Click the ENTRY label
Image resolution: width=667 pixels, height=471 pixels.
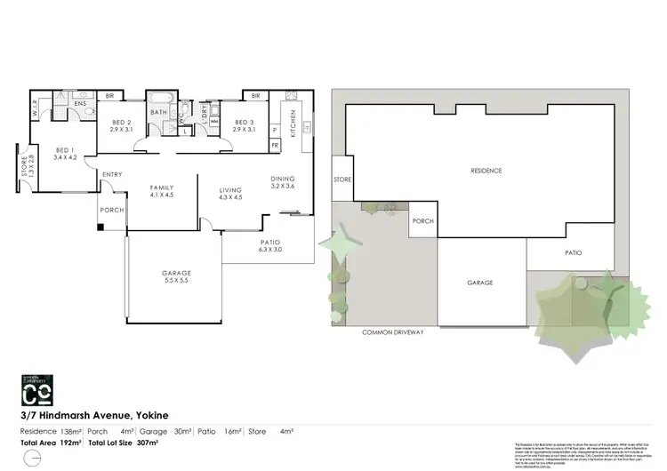pos(113,174)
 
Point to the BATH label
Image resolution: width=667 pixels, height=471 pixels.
pos(159,113)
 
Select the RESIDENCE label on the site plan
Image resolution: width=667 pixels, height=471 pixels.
pos(486,171)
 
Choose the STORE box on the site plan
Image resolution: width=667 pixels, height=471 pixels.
pos(342,180)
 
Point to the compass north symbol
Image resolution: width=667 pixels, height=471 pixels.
pos(31,458)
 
